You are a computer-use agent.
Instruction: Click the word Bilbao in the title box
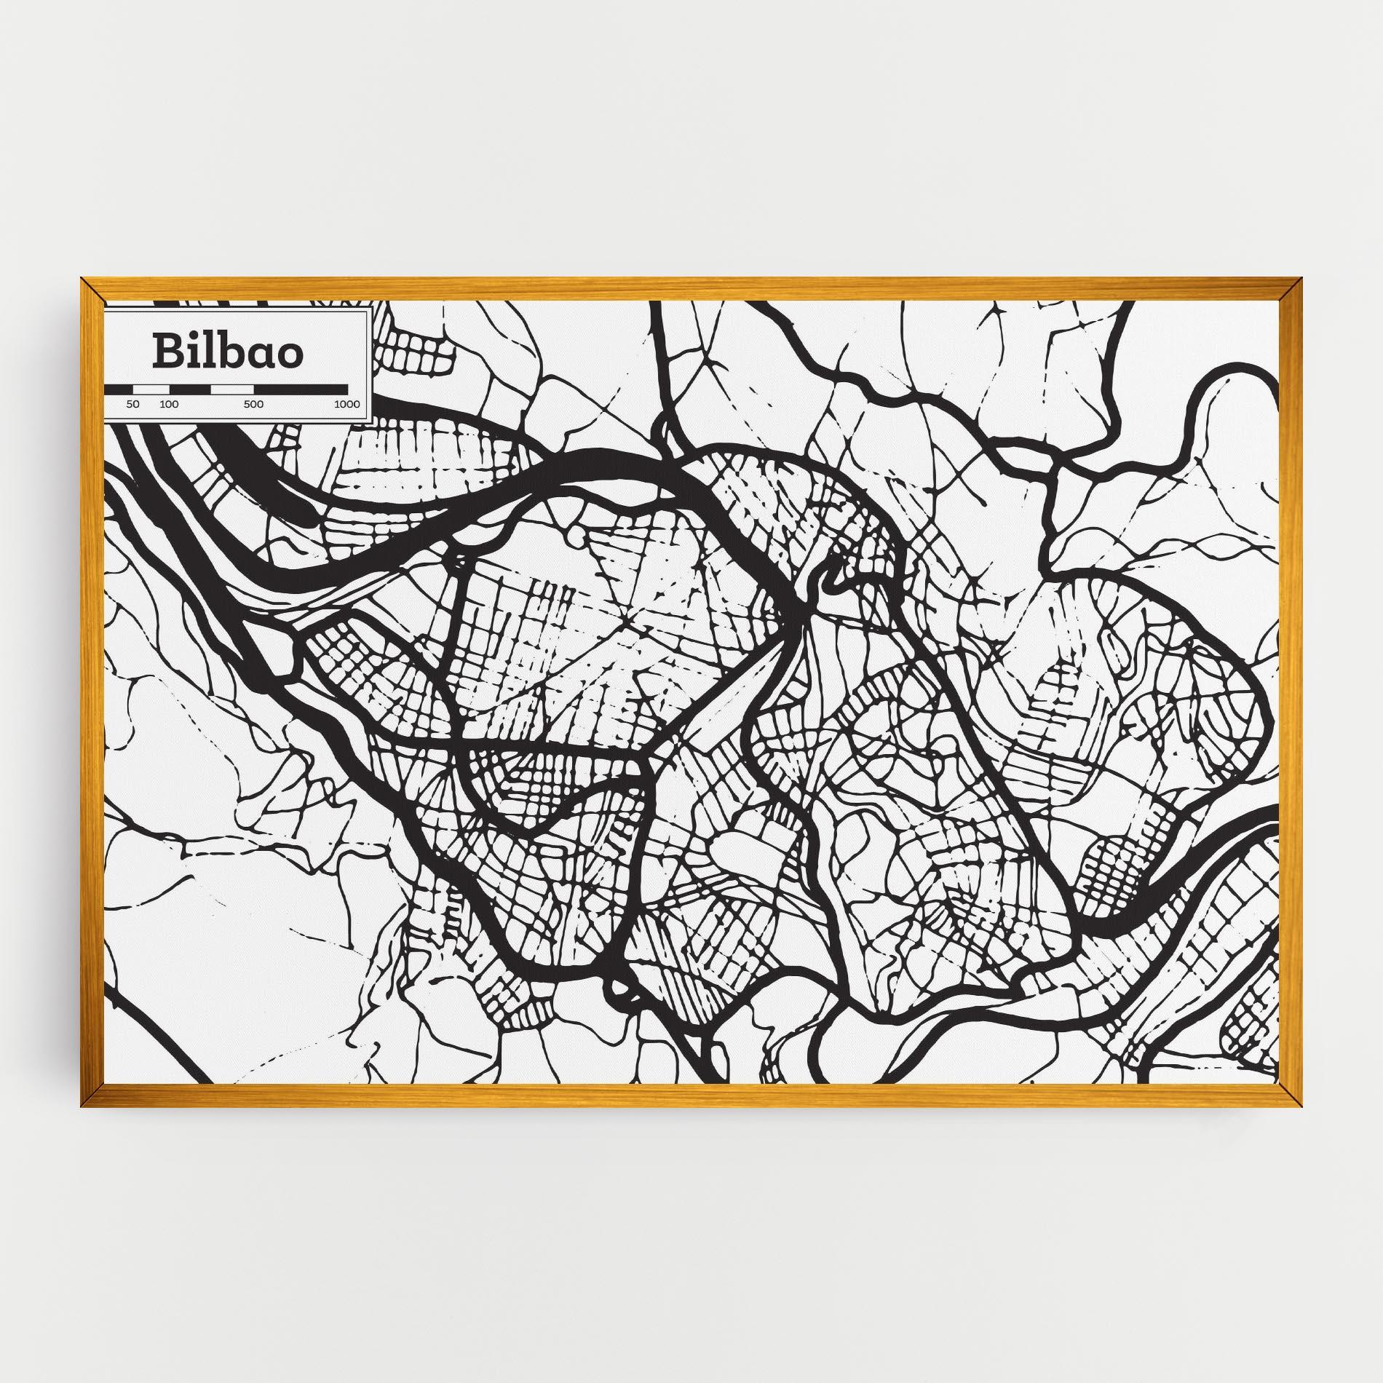click(228, 352)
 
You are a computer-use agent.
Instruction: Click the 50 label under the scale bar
click(132, 405)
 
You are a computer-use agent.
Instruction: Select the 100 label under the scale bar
click(169, 405)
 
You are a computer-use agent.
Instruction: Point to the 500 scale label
click(254, 405)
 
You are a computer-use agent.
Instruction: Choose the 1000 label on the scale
click(347, 405)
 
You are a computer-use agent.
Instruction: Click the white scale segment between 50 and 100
click(151, 390)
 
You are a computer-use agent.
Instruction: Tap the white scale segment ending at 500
click(232, 390)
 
